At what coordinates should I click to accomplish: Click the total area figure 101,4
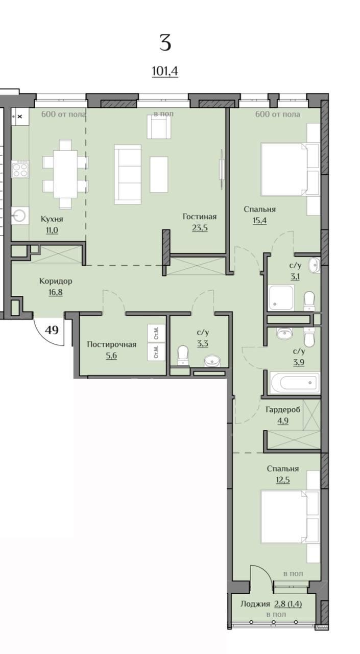(165, 71)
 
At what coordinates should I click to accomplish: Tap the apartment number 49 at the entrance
(52, 330)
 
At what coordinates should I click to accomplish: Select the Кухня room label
(52, 219)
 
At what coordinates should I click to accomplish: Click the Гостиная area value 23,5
(200, 228)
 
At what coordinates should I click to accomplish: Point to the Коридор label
(56, 281)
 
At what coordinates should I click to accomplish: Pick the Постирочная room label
(111, 344)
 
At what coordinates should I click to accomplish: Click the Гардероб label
(283, 410)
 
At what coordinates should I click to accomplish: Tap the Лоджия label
(255, 604)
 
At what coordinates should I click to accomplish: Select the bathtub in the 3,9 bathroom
(295, 383)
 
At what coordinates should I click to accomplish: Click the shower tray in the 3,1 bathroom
(281, 297)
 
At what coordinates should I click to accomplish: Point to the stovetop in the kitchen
(20, 169)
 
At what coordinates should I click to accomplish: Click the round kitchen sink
(20, 216)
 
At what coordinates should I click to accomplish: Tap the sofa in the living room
(128, 174)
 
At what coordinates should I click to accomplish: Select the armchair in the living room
(159, 127)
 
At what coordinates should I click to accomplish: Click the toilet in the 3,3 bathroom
(183, 355)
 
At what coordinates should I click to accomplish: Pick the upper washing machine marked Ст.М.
(156, 333)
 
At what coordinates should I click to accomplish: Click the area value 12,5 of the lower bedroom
(283, 480)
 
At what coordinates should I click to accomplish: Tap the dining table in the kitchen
(65, 174)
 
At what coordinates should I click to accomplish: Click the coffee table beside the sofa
(159, 175)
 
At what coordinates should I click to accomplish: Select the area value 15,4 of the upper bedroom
(259, 220)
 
